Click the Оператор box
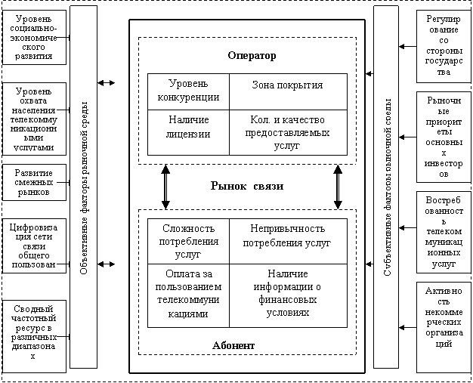click(x=251, y=56)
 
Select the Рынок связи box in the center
click(x=246, y=187)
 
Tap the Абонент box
click(x=233, y=345)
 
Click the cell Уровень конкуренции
click(x=188, y=91)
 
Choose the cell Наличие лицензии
click(x=188, y=127)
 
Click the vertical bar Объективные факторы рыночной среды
click(x=84, y=187)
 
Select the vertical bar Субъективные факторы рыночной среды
click(x=385, y=187)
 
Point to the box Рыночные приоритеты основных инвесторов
click(x=444, y=137)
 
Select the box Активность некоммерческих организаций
click(x=444, y=327)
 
